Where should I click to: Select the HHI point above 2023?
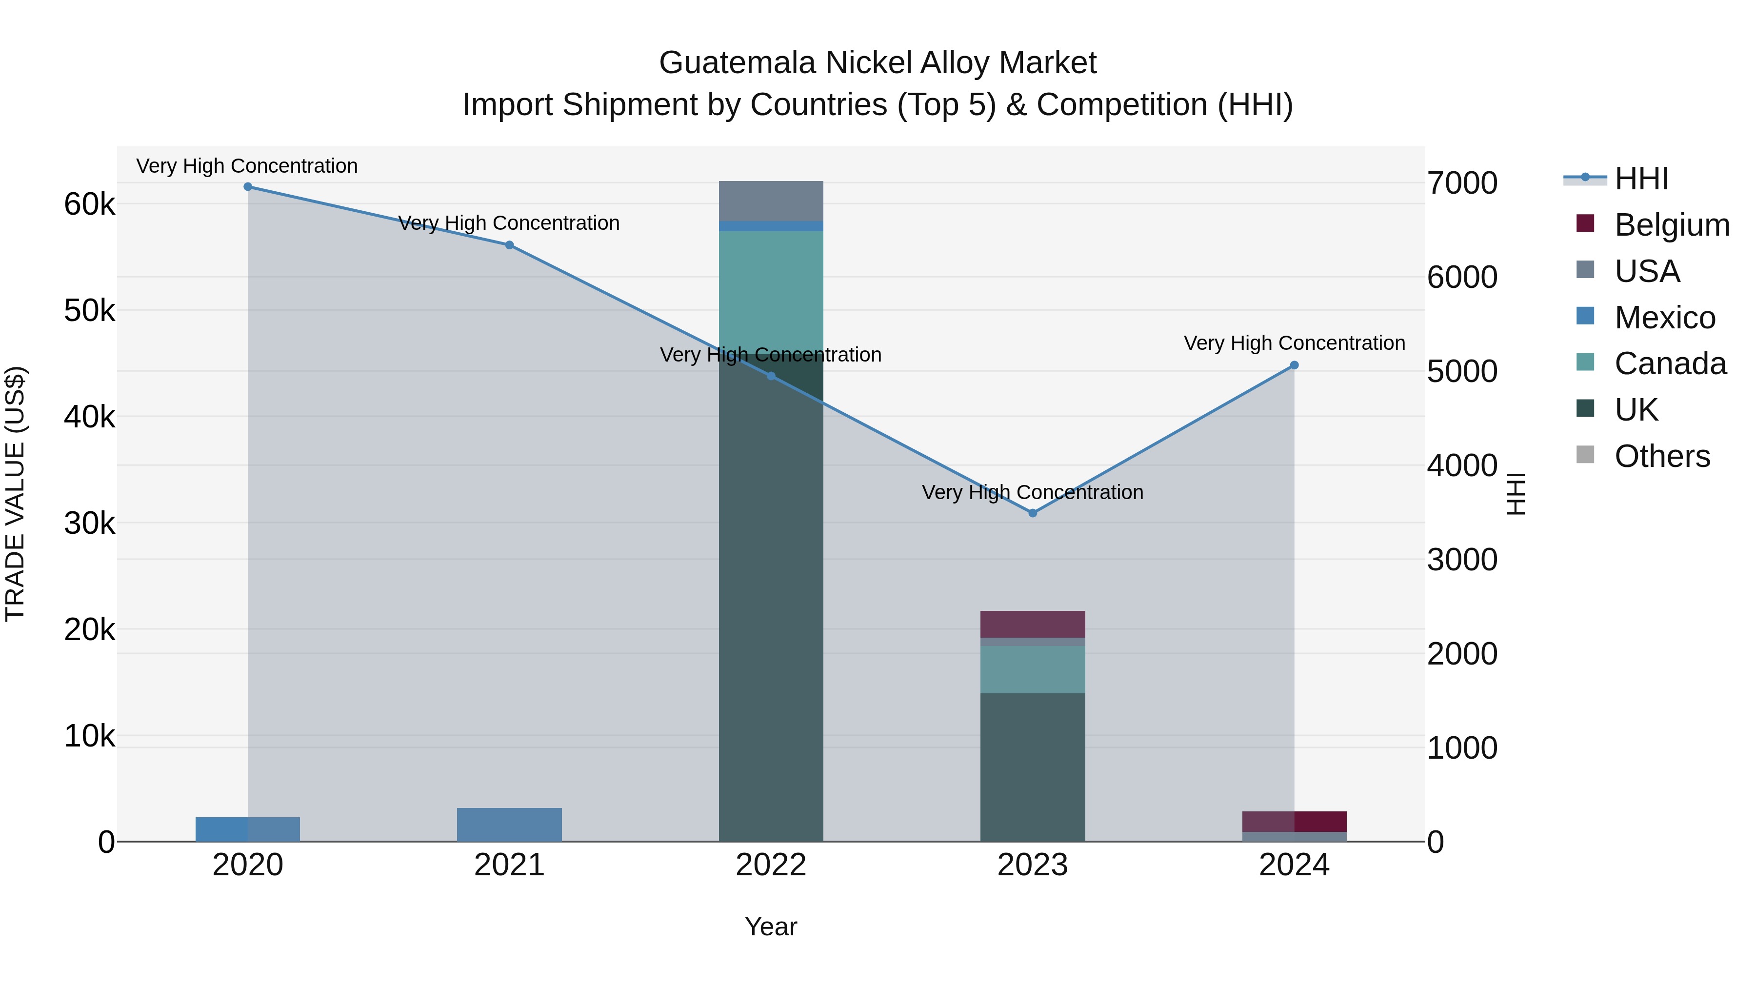1033,513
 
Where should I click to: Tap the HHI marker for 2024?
1295,365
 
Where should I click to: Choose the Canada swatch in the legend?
1586,362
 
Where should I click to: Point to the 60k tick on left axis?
89,204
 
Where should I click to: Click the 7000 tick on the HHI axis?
1462,183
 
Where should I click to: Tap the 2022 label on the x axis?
771,865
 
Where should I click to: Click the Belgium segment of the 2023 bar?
1033,624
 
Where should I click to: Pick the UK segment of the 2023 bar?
1033,767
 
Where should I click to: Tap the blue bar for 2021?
509,825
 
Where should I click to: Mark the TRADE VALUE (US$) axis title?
15,494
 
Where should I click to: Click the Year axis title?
771,928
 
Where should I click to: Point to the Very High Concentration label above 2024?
1295,343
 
